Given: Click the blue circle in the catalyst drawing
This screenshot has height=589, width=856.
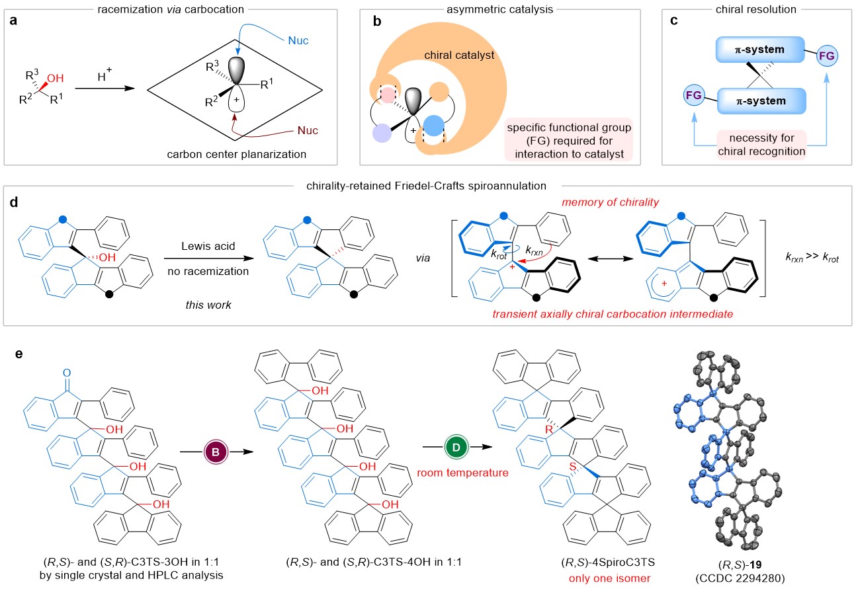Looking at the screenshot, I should (435, 126).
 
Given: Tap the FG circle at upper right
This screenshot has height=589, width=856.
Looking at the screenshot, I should (827, 55).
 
